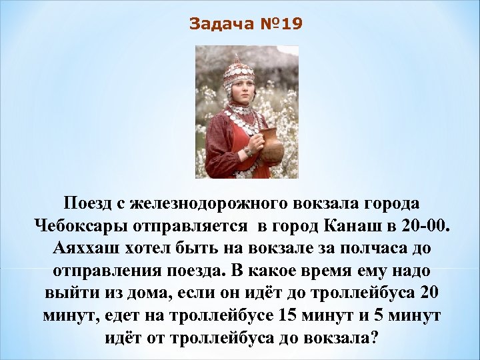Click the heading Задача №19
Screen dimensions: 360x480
245,25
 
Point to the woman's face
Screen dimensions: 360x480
243,90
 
